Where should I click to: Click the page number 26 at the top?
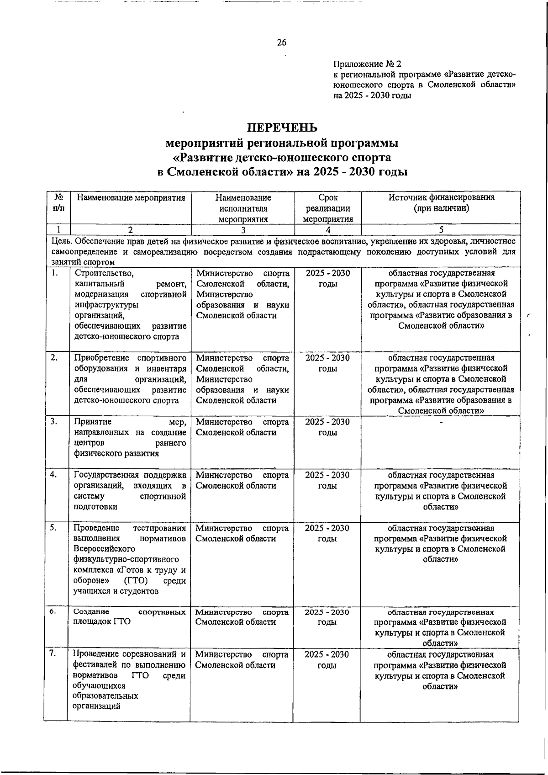pyautogui.click(x=281, y=42)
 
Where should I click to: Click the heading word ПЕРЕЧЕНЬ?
pyautogui.click(x=281, y=127)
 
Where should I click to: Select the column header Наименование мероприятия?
pyautogui.click(x=131, y=198)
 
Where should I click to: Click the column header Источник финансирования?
pyautogui.click(x=441, y=198)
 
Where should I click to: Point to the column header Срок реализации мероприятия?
pyautogui.click(x=328, y=208)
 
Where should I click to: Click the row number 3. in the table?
pyautogui.click(x=54, y=422)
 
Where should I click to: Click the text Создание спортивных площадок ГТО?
pyautogui.click(x=130, y=617)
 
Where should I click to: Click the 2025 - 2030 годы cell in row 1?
pyautogui.click(x=328, y=278)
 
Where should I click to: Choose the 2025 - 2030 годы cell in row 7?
pyautogui.click(x=327, y=659)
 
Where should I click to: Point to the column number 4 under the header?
pyautogui.click(x=328, y=230)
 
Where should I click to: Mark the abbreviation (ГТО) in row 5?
pyautogui.click(x=135, y=581)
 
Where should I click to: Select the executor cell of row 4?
pyautogui.click(x=242, y=480)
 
